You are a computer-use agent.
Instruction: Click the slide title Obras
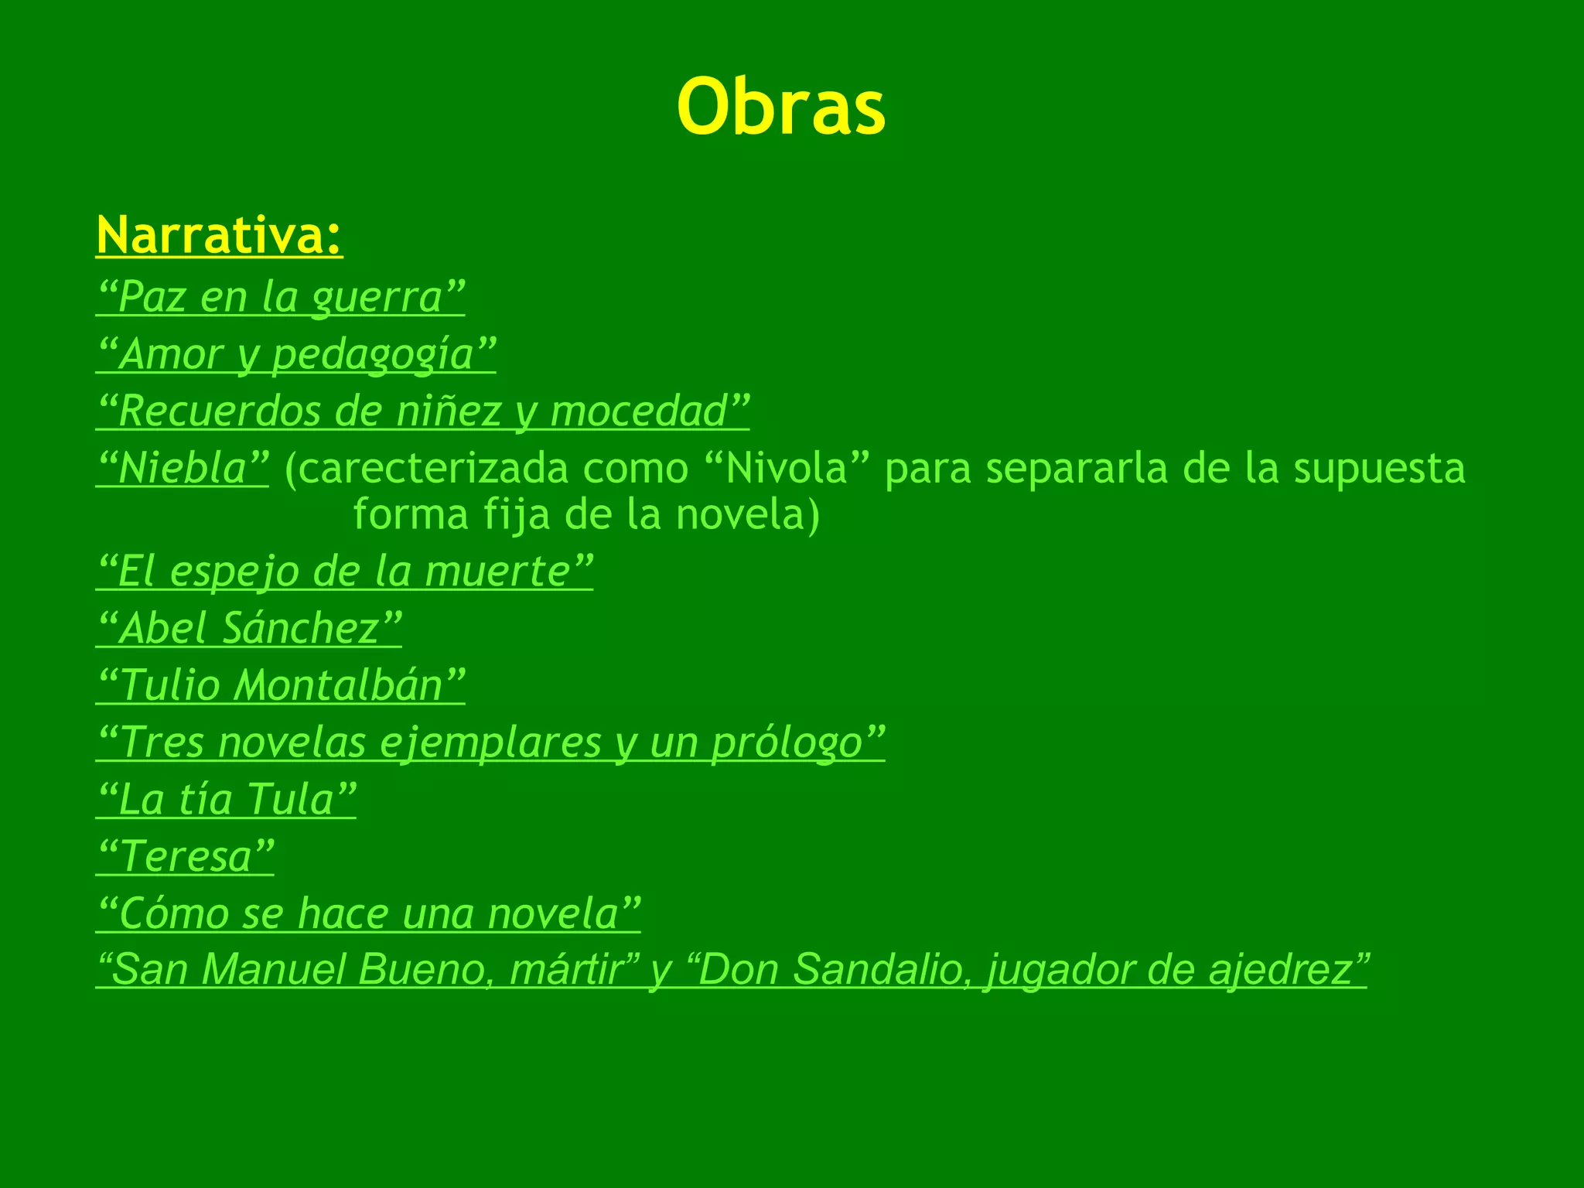coord(781,108)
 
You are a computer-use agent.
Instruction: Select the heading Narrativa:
coord(220,235)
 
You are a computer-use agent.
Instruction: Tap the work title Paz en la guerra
coord(280,297)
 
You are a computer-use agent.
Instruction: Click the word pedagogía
coord(373,354)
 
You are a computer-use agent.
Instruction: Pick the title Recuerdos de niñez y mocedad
coord(422,411)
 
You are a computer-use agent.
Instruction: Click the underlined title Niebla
coord(183,468)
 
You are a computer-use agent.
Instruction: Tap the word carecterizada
coord(432,468)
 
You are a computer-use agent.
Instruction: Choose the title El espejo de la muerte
coord(344,572)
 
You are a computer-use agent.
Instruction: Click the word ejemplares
coord(490,742)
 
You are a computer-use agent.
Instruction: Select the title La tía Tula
coord(226,799)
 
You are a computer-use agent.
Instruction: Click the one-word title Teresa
coord(185,856)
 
